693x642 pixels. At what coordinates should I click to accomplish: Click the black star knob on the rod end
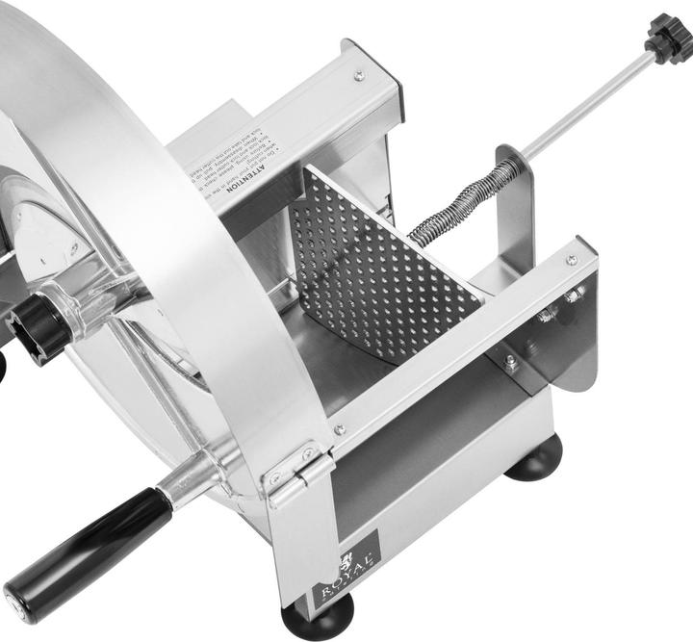click(669, 37)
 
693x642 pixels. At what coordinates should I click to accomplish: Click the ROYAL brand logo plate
click(346, 574)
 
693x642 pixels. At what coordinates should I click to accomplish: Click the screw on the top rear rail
click(359, 74)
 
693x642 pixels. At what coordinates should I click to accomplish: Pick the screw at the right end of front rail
click(572, 260)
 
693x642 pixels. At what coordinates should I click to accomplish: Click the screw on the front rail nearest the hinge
click(339, 429)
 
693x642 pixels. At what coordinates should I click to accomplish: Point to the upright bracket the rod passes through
click(516, 207)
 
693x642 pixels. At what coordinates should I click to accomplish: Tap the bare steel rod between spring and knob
click(587, 106)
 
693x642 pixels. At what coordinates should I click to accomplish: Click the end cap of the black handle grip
click(16, 603)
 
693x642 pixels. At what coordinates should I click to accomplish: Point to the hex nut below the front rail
click(510, 363)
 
